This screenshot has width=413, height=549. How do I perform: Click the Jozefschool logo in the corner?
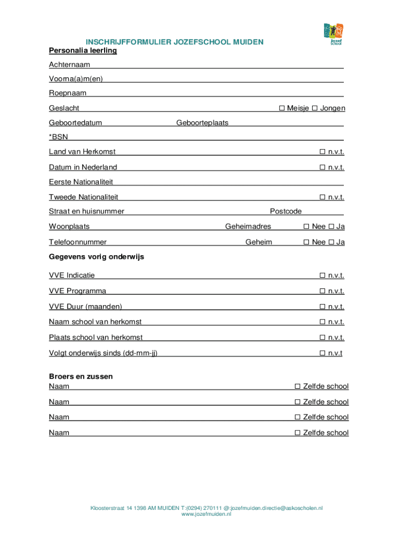coord(334,33)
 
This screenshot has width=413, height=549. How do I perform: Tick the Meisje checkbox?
coord(282,108)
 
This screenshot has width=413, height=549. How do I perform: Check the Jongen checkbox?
coord(315,108)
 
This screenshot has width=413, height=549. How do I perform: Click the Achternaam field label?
coord(69,65)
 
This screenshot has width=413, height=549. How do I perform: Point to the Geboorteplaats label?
coord(202,123)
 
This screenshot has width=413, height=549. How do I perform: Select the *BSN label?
coord(58,137)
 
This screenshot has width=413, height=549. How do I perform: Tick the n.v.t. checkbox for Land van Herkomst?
coord(322,152)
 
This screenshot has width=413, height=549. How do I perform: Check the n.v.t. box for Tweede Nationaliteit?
coord(322,197)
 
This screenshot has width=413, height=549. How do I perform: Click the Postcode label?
coord(285,211)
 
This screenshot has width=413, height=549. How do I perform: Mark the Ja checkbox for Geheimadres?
coord(331,226)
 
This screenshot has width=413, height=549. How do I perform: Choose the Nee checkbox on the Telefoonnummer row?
coord(306,242)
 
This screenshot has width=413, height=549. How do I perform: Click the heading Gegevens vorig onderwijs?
coord(97,257)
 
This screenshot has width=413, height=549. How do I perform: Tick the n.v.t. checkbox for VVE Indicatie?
coord(322,276)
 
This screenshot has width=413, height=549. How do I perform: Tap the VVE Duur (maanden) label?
coord(85,307)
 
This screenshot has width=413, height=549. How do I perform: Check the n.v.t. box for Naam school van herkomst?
coord(322,322)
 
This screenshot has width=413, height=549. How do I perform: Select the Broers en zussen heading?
coord(81,376)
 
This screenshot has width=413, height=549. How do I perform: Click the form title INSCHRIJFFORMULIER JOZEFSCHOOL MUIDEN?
coord(175,42)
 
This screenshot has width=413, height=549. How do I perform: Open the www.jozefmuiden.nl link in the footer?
coord(206,514)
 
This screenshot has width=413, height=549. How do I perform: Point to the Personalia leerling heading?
coord(83,50)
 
